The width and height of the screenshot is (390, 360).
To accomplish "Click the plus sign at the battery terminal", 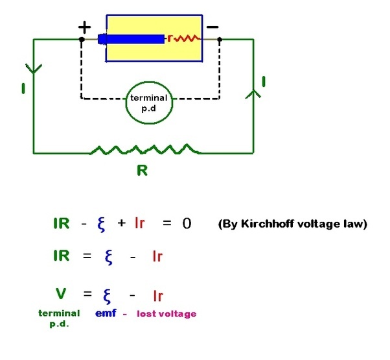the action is pos(85,27).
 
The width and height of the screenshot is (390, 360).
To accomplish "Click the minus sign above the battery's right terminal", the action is pos(212,27).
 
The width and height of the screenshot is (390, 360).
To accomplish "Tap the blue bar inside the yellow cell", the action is pos(131,40).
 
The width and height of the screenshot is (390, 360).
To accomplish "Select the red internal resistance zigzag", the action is pos(187,39).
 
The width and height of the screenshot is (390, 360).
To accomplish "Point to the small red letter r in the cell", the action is pos(170,38).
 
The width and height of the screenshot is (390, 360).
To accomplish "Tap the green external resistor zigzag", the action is pos(146,149).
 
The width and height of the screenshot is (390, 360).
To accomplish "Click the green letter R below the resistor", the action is pos(143,171).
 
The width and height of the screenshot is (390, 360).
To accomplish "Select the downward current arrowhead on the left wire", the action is pos(34,69).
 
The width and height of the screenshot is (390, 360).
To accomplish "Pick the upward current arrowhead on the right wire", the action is pos(253,94).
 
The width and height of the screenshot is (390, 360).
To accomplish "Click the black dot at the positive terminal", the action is pos(82,40).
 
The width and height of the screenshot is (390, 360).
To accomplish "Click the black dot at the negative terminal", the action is pos(220,40).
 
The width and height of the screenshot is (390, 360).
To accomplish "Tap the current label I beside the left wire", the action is pos(23,88).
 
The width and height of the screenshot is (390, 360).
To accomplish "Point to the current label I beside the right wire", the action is pos(264,82).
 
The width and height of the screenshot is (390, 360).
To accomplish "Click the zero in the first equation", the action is pos(187,223).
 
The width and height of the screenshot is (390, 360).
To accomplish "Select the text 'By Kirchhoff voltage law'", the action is pos(293,224).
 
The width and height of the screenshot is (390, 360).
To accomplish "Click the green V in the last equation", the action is pos(61,293).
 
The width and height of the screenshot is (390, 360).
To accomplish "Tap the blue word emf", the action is pos(106,313).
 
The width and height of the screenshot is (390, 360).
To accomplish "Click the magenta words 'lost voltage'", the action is pos(166,314).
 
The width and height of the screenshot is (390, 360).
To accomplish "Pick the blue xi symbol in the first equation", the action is pos(101,224).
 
